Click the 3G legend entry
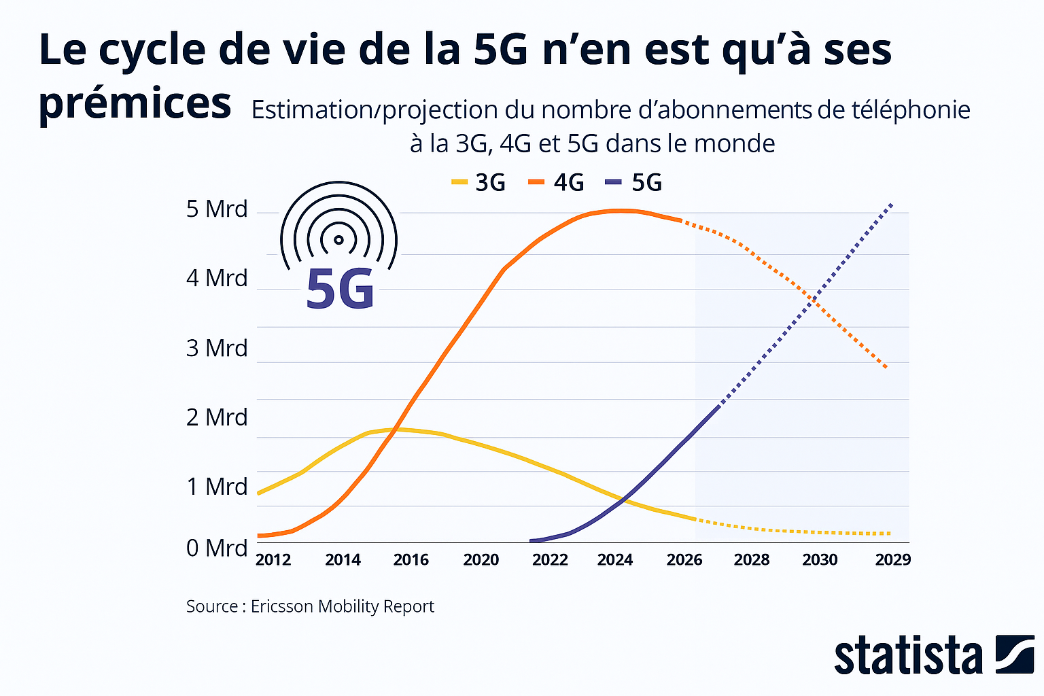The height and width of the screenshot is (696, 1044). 479,182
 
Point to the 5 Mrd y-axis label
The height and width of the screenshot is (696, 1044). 217,209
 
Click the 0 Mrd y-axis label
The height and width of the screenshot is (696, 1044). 217,548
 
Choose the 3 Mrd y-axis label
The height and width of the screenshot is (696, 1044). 217,348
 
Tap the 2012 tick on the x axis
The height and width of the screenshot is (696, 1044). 273,559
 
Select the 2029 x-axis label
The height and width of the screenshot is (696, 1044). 892,559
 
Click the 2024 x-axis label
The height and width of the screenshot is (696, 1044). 615,559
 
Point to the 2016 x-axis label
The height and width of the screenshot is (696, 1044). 411,559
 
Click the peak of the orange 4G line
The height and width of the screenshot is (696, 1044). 619,211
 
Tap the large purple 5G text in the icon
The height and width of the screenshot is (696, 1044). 340,290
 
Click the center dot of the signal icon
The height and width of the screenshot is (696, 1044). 338,239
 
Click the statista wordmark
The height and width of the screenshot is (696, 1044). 909,656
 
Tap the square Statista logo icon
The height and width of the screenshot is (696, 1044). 1015,655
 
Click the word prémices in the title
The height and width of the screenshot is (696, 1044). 135,103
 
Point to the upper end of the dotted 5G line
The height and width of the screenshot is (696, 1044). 892,204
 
